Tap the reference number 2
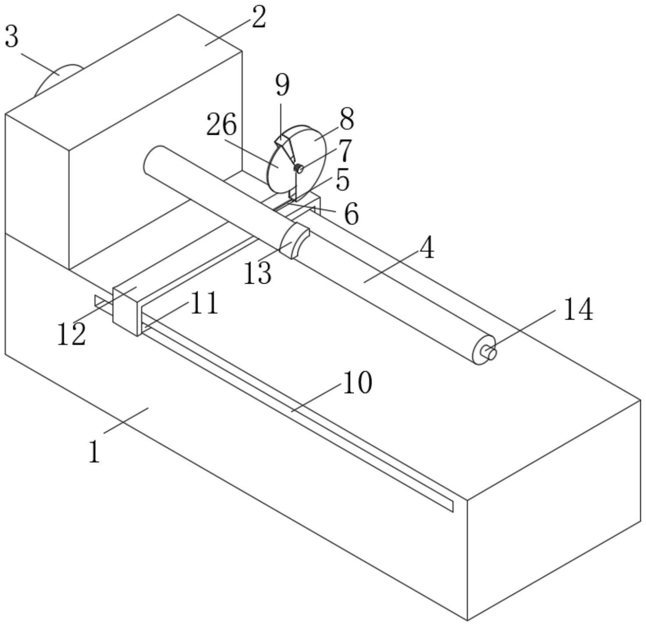pyautogui.click(x=259, y=18)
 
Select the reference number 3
pyautogui.click(x=12, y=37)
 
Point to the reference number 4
pyautogui.click(x=426, y=248)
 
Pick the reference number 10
pyautogui.click(x=357, y=383)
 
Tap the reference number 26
pyautogui.click(x=222, y=125)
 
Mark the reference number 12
pyautogui.click(x=71, y=334)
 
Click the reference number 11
pyautogui.click(x=204, y=303)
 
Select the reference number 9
pyautogui.click(x=283, y=85)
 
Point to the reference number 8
pyautogui.click(x=346, y=119)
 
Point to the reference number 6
pyautogui.click(x=351, y=215)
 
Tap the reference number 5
pyautogui.click(x=342, y=179)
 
